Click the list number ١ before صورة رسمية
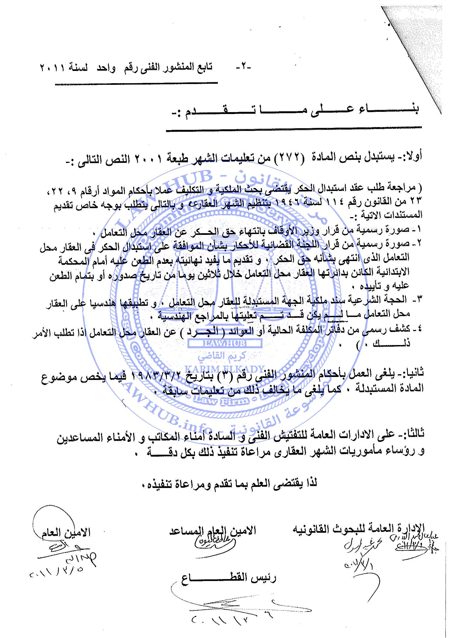[x=419, y=229]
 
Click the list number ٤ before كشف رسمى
[x=419, y=329]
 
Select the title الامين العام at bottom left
[x=66, y=533]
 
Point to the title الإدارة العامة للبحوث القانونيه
[x=358, y=529]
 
